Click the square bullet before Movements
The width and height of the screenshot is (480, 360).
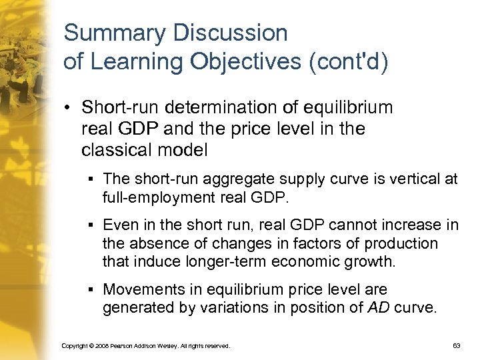[x=91, y=290]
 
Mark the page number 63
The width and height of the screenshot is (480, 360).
[x=457, y=346]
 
